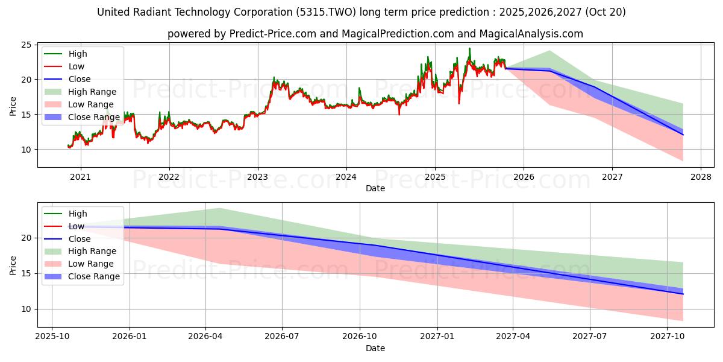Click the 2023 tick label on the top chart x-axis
click(257, 177)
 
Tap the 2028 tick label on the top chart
click(701, 177)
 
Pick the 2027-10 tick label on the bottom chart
click(667, 337)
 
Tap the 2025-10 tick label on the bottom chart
click(52, 337)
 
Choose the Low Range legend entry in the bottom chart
click(91, 264)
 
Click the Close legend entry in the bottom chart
click(80, 239)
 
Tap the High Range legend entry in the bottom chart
click(92, 251)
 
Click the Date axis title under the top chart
click(375, 188)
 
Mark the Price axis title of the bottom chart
click(13, 265)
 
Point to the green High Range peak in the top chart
click(549, 51)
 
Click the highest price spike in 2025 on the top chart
click(469, 49)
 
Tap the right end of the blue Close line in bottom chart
click(683, 294)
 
